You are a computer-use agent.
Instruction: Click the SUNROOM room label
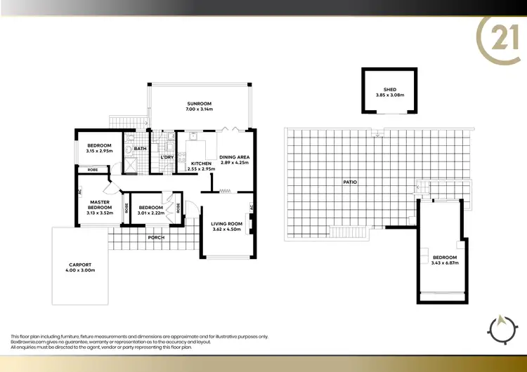(x=200, y=102)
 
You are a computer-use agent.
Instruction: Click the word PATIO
(x=349, y=182)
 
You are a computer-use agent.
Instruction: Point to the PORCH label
(x=156, y=237)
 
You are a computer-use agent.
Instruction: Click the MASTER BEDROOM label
(x=100, y=205)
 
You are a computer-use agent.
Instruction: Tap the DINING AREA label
(x=235, y=157)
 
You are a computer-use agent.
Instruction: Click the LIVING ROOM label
(x=226, y=224)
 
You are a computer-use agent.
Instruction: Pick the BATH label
(x=140, y=148)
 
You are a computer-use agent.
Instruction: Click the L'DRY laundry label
(x=167, y=157)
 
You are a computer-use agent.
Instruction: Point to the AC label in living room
(x=251, y=207)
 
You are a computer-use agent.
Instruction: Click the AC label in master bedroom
(x=80, y=190)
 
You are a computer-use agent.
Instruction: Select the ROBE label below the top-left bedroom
(x=92, y=170)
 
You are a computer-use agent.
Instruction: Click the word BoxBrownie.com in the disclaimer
(x=26, y=342)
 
